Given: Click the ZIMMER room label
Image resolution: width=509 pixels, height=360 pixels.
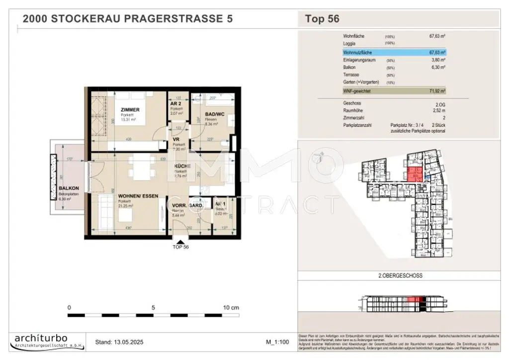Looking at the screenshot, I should point(130,109).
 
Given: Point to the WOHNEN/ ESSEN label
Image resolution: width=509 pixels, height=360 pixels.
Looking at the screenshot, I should point(138,196).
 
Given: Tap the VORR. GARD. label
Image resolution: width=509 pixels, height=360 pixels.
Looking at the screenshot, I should point(186,205).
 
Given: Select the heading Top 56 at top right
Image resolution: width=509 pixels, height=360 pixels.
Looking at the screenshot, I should point(322,19).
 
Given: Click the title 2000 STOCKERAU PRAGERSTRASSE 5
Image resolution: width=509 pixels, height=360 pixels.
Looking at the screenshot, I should point(128,19).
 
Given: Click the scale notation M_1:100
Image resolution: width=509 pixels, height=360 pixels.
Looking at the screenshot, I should point(278,342).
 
